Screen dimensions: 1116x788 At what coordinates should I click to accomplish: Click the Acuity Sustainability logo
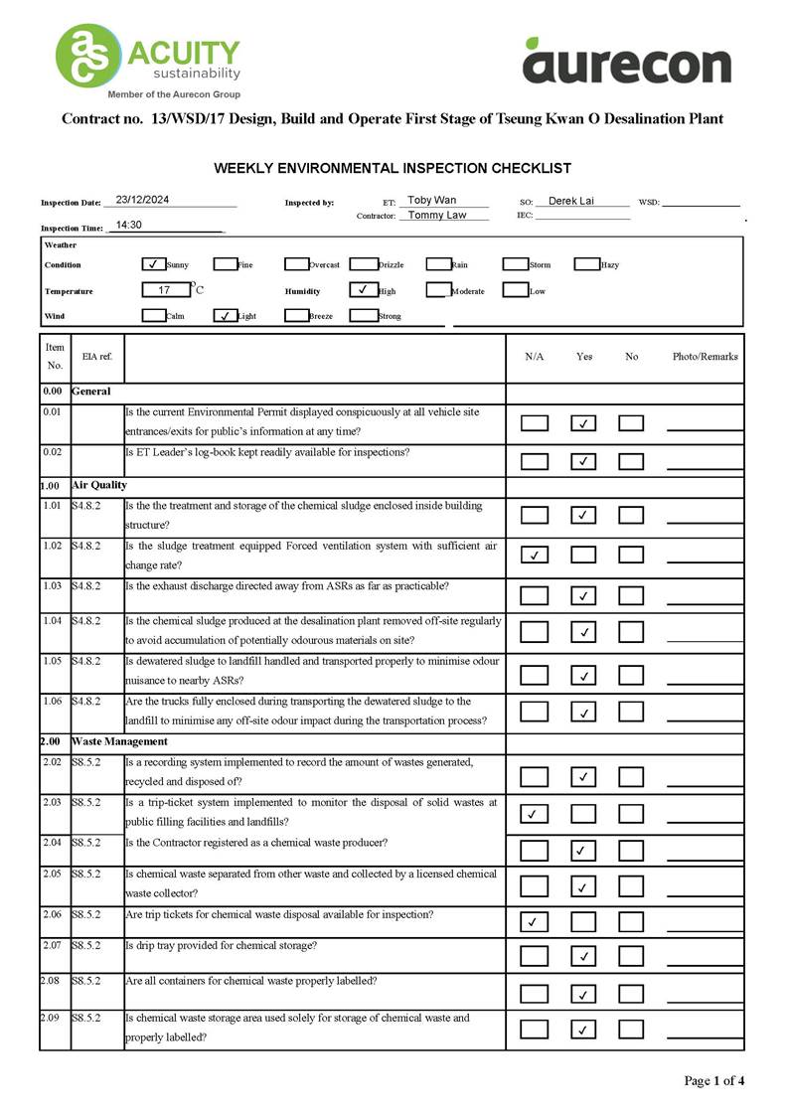149,61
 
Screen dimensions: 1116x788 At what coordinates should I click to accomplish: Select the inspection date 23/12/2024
142,200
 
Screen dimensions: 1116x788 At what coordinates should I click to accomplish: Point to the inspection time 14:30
129,226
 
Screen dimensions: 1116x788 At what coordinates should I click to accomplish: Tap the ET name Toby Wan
432,201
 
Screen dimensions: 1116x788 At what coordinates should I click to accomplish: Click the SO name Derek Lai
571,201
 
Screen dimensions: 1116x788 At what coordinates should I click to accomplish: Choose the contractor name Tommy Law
437,215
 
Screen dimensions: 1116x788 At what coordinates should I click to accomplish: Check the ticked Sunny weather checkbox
153,264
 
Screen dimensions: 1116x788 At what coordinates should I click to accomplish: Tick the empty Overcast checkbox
296,264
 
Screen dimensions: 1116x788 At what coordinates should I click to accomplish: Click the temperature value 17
164,290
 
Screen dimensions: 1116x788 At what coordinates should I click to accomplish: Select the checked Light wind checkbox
225,316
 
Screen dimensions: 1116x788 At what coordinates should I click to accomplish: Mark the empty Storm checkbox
514,264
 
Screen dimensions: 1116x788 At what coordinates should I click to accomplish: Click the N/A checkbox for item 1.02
534,555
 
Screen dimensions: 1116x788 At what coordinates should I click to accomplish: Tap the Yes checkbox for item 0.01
583,423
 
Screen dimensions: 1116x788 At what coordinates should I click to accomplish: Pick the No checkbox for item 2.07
631,956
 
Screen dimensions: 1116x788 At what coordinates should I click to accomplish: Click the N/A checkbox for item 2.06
534,922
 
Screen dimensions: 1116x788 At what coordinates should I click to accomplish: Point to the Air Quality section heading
99,485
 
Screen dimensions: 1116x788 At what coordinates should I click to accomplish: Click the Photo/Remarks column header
705,357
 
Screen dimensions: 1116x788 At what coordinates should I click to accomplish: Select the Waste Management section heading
119,741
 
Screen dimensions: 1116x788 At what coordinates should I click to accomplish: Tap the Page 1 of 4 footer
713,1080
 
